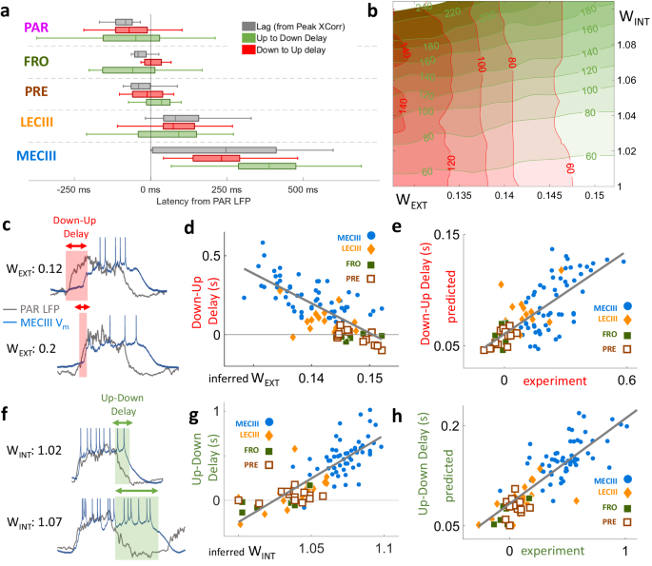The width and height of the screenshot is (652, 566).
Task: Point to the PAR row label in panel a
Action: [x=37, y=20]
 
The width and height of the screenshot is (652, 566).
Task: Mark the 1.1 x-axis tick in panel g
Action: [x=383, y=549]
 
